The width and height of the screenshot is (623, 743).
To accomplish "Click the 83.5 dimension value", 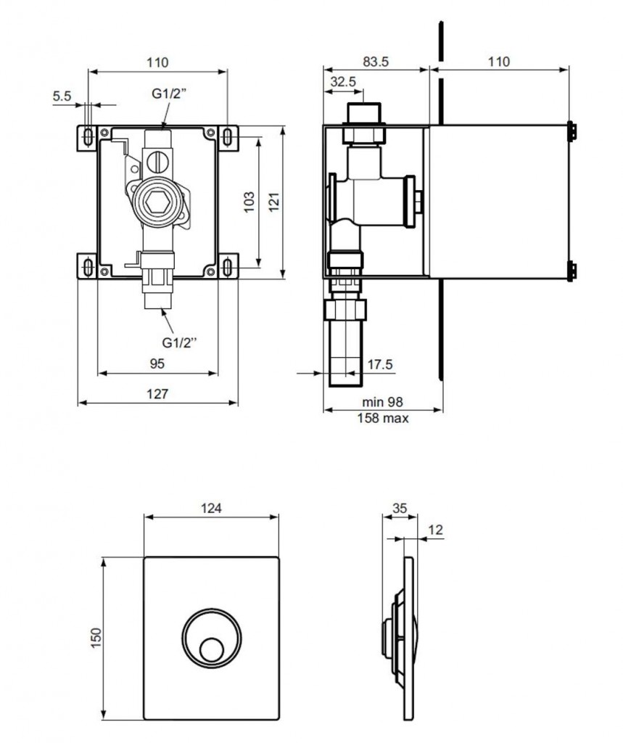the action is coord(376,62).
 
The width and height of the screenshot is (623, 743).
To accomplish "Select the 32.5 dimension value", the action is coord(343,81).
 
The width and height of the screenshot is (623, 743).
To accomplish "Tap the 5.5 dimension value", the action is coord(62,97).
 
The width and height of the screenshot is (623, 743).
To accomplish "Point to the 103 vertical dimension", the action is coord(249,202).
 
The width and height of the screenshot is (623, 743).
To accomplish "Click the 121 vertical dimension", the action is coord(274,202).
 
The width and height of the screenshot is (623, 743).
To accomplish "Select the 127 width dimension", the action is coord(157,393).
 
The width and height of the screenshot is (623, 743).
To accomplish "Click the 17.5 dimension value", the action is coord(380,364).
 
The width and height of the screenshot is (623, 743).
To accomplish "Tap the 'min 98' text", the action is coord(382,402).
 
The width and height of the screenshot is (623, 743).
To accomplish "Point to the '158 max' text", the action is coord(382,418).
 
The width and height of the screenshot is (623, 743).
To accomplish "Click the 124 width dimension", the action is coord(211,508).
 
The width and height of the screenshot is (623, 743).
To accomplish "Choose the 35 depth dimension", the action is coord(400,508).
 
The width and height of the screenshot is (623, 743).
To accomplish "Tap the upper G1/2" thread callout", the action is coord(169,94).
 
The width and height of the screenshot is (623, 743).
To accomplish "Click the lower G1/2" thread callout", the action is coord(179,342).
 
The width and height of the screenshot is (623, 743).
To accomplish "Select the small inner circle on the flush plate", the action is coord(211,650).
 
